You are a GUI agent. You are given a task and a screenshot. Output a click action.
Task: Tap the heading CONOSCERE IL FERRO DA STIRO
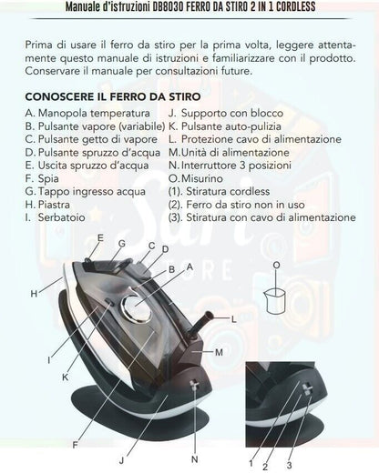113,96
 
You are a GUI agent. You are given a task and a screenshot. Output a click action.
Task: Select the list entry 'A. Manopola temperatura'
87,113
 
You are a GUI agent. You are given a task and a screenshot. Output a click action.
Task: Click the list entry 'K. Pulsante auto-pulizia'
225,126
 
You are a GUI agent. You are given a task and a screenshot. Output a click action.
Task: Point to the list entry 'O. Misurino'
196,178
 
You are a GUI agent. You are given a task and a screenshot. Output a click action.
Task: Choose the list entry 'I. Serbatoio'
56,217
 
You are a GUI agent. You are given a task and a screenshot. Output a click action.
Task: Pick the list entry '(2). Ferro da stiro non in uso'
237,205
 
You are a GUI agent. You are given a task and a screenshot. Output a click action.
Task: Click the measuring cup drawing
275,301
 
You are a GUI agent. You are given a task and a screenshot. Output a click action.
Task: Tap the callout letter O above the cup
276,266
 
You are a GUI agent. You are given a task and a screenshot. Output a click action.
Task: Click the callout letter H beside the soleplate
34,294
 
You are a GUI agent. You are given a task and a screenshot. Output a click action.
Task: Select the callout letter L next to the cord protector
233,319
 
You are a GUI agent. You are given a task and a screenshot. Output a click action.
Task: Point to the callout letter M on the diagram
219,352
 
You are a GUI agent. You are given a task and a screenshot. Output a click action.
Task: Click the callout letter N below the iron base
195,459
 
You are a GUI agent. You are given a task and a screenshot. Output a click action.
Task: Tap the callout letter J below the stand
121,460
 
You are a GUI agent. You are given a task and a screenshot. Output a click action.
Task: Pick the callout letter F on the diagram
75,445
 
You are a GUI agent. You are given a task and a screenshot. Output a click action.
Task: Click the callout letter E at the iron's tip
100,238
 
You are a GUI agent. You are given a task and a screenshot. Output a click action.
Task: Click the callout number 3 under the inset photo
289,465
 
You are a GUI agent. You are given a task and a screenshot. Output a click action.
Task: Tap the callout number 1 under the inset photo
251,463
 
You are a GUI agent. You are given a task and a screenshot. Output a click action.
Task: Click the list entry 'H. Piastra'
47,205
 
